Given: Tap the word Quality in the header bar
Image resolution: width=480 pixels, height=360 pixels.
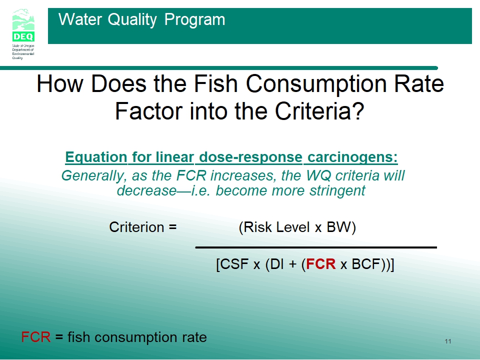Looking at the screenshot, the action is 132,20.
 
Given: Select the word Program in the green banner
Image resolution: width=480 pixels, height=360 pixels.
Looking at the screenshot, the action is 194,19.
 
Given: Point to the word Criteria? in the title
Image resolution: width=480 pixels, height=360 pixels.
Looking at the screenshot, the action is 319,111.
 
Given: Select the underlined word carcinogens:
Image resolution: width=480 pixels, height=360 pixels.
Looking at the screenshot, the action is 352,157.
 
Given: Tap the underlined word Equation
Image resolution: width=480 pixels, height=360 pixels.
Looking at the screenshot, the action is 96,157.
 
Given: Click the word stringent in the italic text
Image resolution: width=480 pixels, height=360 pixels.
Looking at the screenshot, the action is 337,190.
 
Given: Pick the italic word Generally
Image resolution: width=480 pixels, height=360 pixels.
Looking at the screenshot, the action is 94,176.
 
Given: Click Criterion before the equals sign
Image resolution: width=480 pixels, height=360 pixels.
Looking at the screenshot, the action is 136,227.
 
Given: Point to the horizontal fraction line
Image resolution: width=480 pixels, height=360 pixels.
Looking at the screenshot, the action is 316,247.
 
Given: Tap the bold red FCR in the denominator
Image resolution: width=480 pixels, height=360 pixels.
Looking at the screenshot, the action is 321,264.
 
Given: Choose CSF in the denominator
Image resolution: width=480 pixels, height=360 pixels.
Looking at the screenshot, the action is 234,264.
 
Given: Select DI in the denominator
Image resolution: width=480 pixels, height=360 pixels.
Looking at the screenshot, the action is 276,264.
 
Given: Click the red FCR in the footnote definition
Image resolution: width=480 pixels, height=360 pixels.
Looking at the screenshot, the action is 36,337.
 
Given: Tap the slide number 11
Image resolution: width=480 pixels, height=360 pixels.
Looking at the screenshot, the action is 448,341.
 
